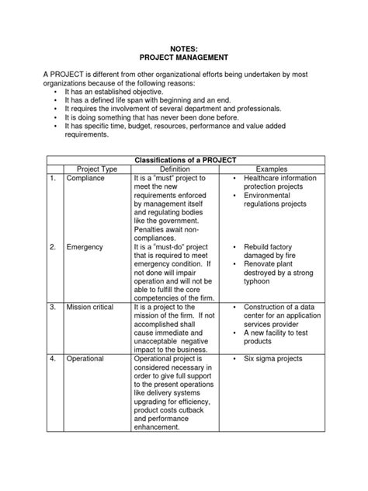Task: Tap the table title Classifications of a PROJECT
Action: [x=185, y=159]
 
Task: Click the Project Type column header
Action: [x=96, y=169]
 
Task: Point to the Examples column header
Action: [x=272, y=169]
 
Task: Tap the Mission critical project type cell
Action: [x=92, y=308]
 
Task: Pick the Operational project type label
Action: [x=88, y=360]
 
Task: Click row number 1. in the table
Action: [x=52, y=179]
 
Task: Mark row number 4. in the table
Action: [x=52, y=360]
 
